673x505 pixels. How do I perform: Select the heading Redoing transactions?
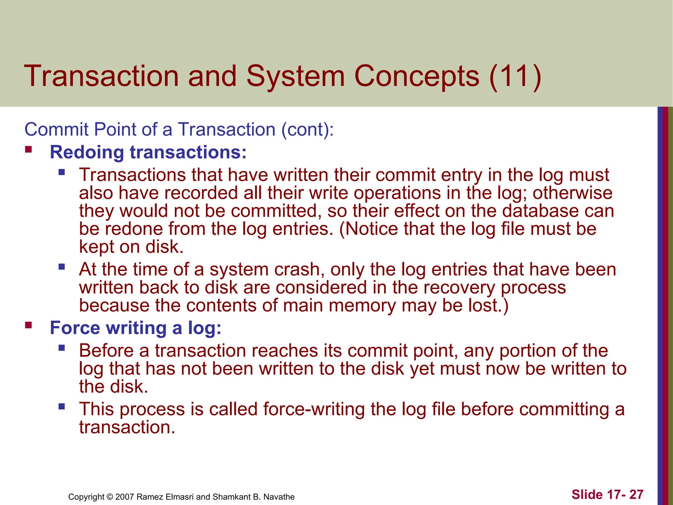pos(148,152)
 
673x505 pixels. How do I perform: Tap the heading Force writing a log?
pos(135,328)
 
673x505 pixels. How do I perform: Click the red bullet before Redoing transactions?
pos(29,150)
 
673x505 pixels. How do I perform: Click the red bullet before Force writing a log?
pos(29,325)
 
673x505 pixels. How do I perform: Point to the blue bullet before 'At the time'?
pos(61,267)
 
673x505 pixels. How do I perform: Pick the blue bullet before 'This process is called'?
pos(61,407)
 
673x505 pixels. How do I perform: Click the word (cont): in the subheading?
pos(307,129)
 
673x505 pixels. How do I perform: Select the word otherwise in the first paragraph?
pos(572,193)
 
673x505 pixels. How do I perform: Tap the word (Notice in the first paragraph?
pos(368,229)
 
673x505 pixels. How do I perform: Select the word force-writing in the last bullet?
pos(313,409)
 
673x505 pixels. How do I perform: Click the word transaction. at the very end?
pos(127,427)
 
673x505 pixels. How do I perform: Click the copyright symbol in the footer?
pos(109,497)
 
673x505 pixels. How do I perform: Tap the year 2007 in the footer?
pos(125,497)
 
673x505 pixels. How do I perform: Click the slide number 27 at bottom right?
pos(636,494)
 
